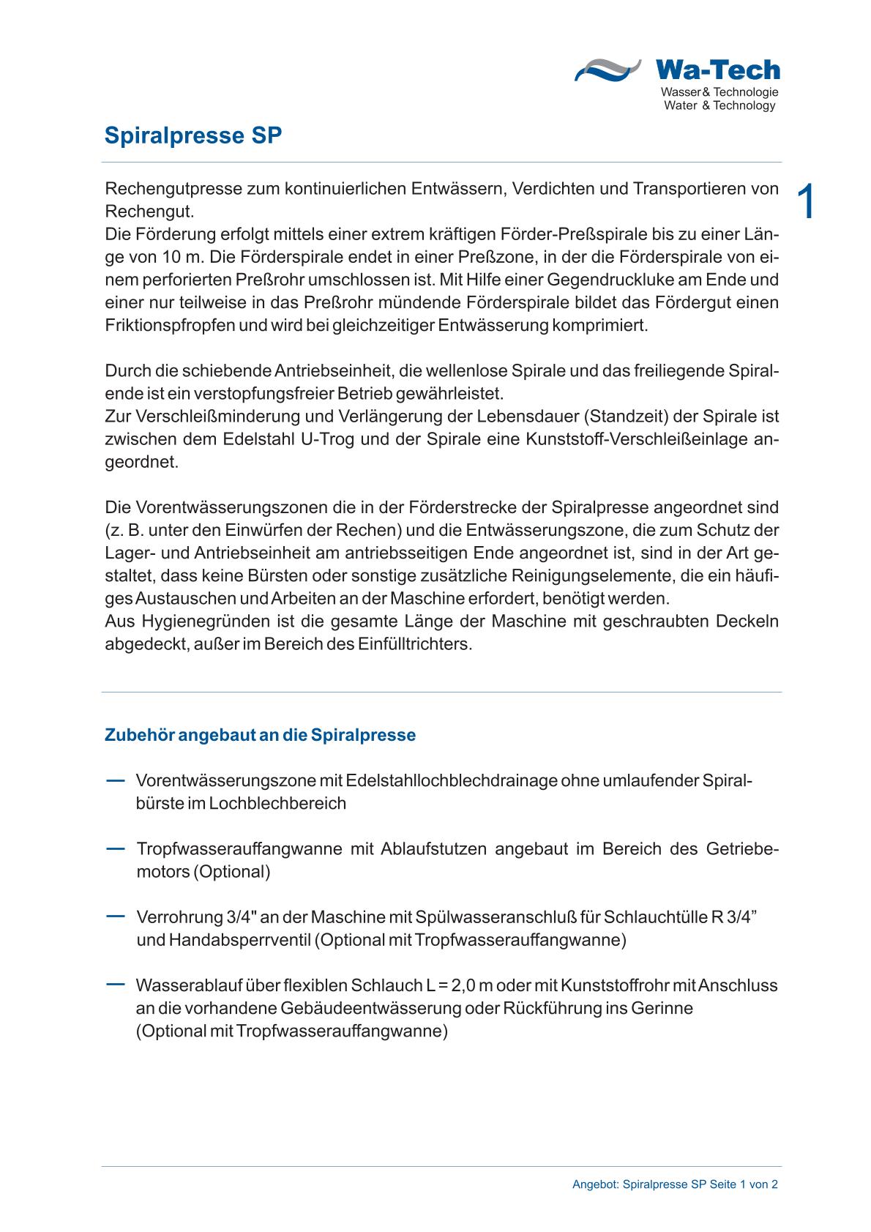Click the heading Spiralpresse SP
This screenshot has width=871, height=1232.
tap(192, 136)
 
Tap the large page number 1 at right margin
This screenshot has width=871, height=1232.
tap(805, 201)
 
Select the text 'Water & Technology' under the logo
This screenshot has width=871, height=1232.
tap(719, 106)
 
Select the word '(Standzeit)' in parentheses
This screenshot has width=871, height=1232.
tap(623, 417)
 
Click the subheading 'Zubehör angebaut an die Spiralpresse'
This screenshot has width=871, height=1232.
tap(260, 735)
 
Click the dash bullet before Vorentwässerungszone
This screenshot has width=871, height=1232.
tap(115, 780)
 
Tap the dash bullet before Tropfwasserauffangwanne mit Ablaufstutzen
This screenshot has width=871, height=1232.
tap(115, 848)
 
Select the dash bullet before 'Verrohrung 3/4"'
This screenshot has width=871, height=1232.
tap(115, 916)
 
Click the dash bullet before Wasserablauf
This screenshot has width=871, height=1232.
tap(115, 985)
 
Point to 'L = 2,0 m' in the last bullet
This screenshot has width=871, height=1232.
tap(459, 985)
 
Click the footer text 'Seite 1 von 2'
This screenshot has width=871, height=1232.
tap(743, 1184)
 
